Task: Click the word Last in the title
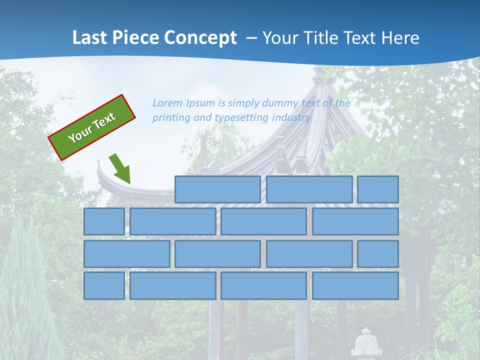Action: [89, 37]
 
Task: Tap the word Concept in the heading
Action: [201, 37]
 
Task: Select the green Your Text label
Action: [92, 127]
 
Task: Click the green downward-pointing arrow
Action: [120, 169]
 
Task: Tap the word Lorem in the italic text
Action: [168, 103]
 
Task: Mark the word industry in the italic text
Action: [291, 118]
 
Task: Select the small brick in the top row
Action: [378, 189]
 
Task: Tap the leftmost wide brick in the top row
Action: [217, 189]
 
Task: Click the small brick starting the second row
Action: [104, 221]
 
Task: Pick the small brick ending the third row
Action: [378, 253]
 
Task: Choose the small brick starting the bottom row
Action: [104, 285]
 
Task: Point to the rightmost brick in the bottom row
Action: [355, 285]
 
